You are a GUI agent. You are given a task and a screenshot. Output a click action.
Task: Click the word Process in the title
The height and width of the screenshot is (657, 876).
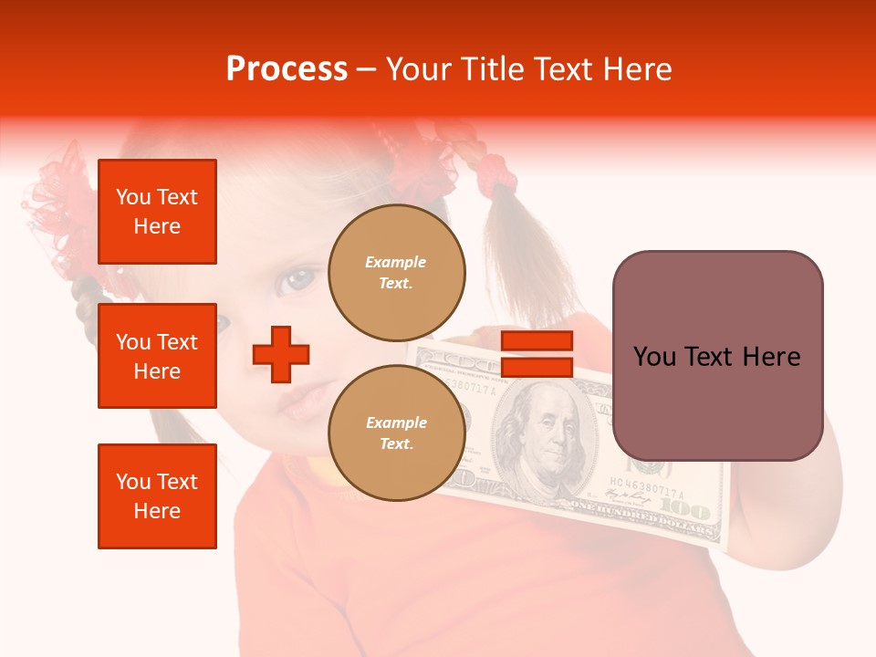(x=287, y=69)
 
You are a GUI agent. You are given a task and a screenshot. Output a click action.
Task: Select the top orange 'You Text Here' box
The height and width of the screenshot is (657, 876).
(x=157, y=212)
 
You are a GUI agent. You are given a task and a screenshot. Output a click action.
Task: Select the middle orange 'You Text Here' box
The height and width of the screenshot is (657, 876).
(x=157, y=356)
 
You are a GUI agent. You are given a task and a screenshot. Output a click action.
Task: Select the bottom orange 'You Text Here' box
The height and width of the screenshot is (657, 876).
(x=157, y=495)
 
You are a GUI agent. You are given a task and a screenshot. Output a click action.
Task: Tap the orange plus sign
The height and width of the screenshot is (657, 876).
(x=281, y=354)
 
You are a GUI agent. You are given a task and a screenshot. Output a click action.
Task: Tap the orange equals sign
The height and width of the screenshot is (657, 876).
(x=537, y=354)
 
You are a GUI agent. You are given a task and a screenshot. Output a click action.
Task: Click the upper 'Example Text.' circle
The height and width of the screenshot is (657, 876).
(x=397, y=272)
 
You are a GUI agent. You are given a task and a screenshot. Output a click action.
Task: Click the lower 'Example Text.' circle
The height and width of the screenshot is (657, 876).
(x=397, y=433)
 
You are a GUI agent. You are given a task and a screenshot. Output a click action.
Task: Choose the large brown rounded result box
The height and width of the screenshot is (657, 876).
(x=717, y=356)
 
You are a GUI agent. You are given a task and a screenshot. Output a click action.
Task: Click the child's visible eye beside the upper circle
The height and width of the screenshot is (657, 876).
(x=297, y=279)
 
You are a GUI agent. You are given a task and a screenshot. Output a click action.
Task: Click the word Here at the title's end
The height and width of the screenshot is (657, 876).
(x=638, y=69)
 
